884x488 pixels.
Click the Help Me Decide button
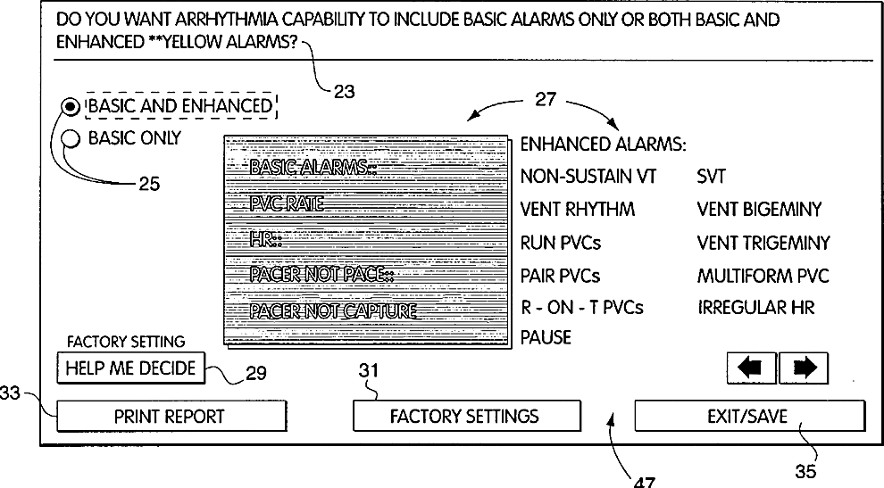[x=130, y=367]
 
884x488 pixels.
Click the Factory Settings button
[x=464, y=416]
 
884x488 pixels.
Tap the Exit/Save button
[x=749, y=416]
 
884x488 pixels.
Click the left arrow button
[x=751, y=368]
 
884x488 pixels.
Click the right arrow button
[x=804, y=368]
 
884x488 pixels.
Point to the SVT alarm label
[x=712, y=177]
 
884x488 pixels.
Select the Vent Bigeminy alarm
[x=759, y=210]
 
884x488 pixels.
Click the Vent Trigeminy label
[x=763, y=243]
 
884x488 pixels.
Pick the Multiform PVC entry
[x=763, y=276]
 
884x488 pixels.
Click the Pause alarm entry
[x=546, y=338]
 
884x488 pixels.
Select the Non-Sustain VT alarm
[x=588, y=177]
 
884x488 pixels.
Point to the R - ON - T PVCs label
[x=581, y=308]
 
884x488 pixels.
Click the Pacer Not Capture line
[x=333, y=310]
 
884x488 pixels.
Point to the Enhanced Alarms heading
[x=603, y=145]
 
